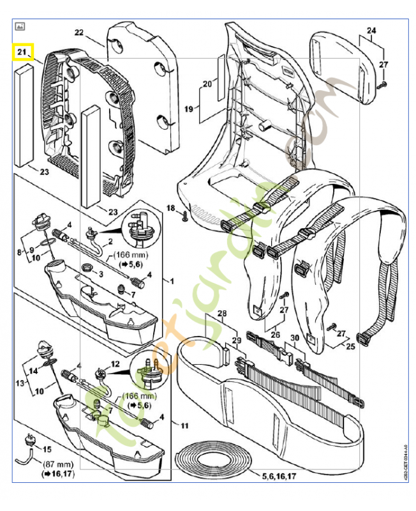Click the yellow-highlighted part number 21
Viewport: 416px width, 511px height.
(23, 52)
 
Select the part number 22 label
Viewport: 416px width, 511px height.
(79, 32)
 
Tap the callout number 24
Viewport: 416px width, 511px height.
(371, 30)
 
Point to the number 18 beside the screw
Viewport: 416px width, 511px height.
(171, 209)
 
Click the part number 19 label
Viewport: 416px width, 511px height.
(189, 109)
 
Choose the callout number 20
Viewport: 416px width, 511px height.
(207, 84)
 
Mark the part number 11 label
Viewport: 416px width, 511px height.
(185, 425)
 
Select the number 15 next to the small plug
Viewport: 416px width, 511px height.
(47, 450)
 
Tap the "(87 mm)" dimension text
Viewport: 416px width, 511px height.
(57, 464)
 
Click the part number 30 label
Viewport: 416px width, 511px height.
(294, 339)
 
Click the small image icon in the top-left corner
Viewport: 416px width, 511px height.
(20, 27)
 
